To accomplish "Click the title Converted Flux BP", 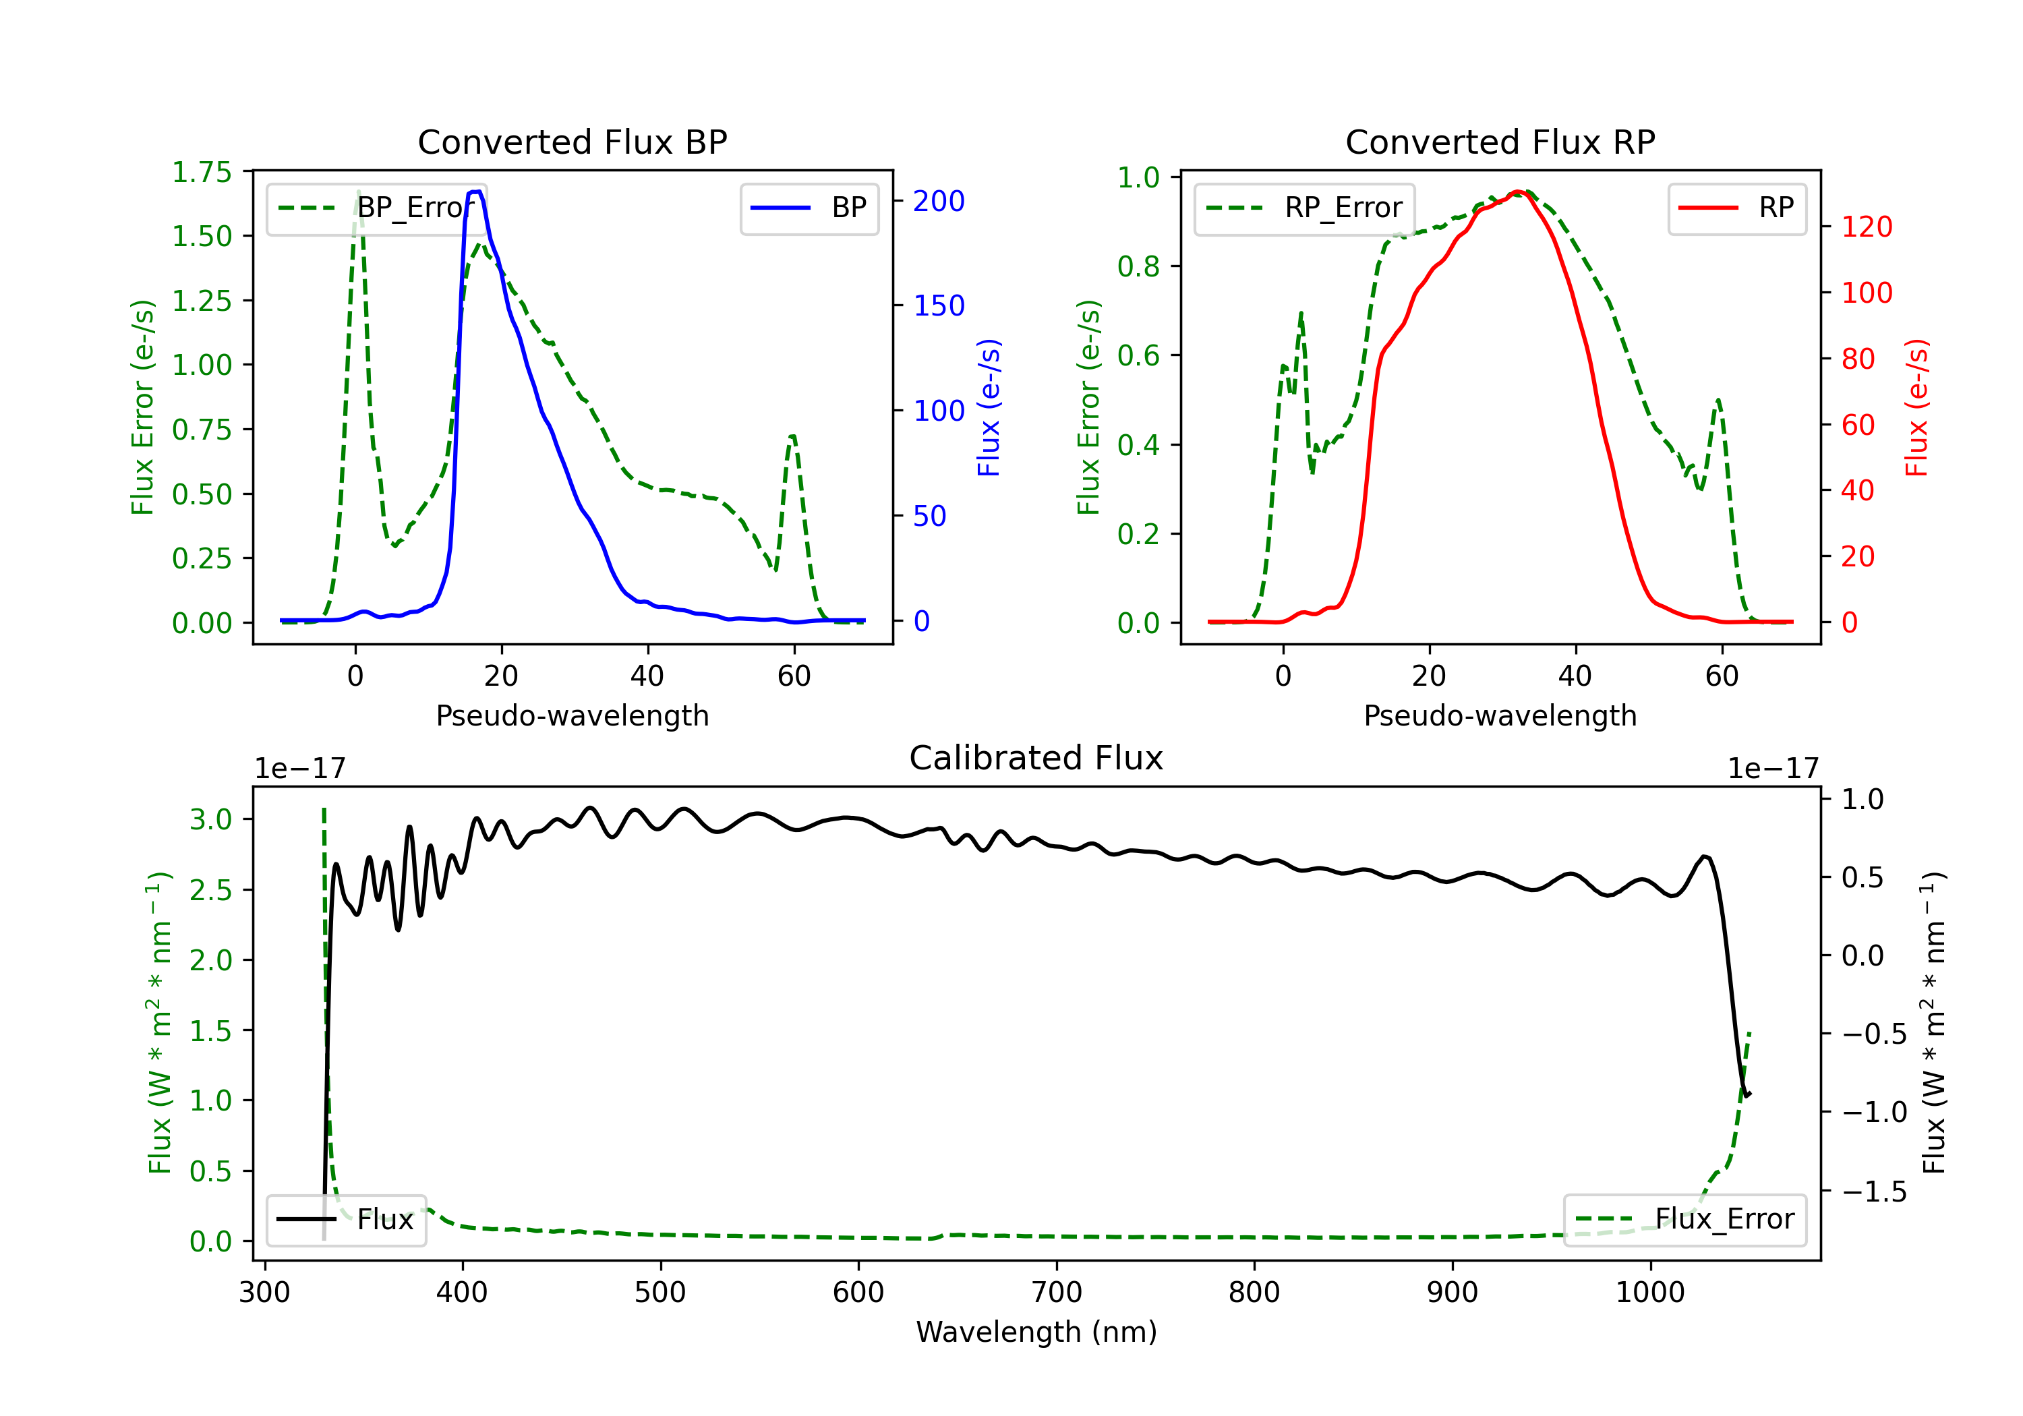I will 572,142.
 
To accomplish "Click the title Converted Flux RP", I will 1500,142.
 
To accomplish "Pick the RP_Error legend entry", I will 1304,208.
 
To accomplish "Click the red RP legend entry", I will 1736,208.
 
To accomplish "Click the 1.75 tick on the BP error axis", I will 202,173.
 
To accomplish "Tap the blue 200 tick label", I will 939,202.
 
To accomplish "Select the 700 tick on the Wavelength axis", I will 1057,1293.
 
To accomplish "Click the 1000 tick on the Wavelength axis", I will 1649,1293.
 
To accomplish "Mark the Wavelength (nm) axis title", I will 1036,1332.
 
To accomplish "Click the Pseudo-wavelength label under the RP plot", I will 1500,715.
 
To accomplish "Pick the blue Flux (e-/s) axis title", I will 989,407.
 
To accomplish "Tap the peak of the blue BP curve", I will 476,191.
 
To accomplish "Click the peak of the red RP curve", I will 1517,191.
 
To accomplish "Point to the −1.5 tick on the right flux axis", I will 1873,1192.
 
